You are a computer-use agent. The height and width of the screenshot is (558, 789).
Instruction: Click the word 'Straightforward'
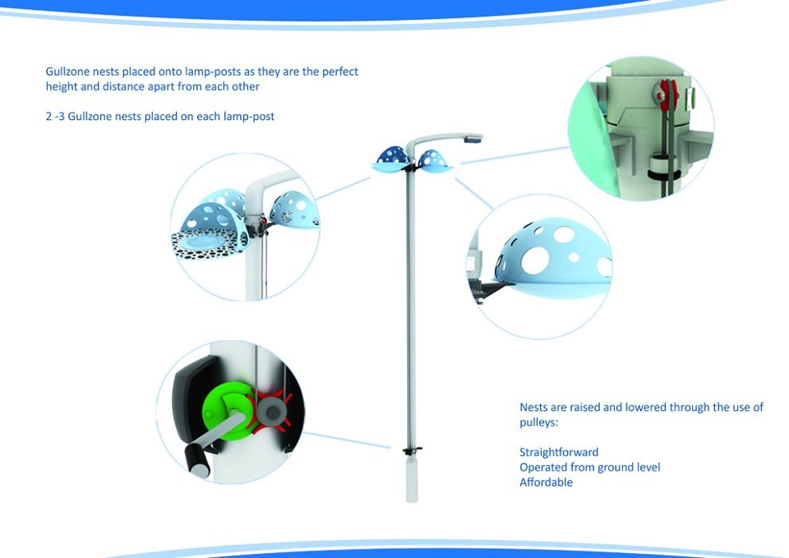[x=559, y=452]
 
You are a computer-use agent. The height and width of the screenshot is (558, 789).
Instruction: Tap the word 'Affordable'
[x=546, y=482]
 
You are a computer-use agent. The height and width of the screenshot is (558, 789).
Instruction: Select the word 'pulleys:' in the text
[x=539, y=422]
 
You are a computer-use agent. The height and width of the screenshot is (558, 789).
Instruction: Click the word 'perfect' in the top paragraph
[x=340, y=72]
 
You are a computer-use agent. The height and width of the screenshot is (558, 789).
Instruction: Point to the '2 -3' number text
[x=55, y=116]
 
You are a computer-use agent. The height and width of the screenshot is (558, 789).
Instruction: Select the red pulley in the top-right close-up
[x=666, y=94]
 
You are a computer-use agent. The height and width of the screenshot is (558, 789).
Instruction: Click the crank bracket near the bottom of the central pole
[x=412, y=450]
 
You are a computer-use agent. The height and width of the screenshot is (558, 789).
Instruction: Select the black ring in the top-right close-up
[x=664, y=174]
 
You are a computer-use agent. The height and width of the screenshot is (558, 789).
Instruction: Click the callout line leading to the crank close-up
[x=347, y=440]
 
